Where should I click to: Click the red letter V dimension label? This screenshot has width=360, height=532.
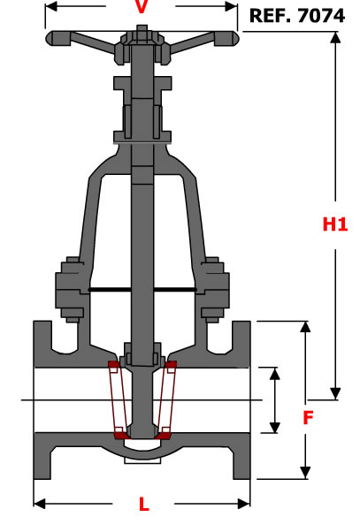142,7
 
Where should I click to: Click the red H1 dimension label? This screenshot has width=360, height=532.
335,224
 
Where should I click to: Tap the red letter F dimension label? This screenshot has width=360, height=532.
308,418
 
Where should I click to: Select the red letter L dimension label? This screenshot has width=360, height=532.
144,505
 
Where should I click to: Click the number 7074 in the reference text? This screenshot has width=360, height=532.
321,16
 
